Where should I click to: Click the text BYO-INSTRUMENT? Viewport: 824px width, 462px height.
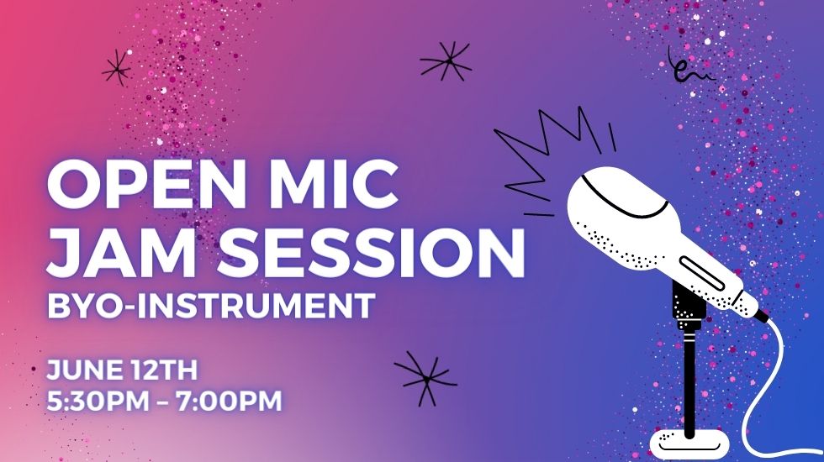pos(211,306)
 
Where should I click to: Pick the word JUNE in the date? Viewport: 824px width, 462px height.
pos(84,370)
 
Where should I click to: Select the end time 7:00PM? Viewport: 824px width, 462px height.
pos(229,402)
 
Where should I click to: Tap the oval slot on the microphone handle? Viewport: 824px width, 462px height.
pos(701,274)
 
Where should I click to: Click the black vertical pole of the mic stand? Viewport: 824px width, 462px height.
pos(689,383)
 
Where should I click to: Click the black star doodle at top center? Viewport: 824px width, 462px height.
pos(446,61)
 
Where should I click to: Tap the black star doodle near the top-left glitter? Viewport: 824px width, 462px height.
pos(118,68)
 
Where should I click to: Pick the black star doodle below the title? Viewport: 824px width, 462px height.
pos(425,378)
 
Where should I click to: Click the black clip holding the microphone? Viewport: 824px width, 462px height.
pos(688,304)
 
